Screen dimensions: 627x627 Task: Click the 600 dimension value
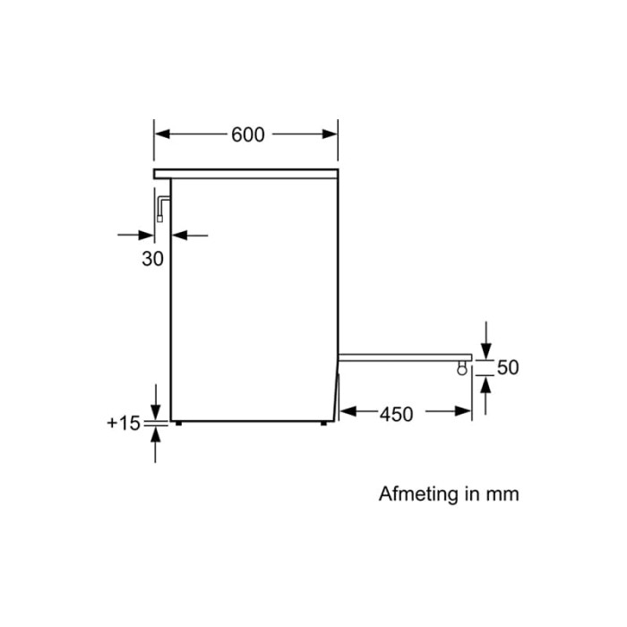pos(248,134)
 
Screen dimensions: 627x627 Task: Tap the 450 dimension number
pos(396,415)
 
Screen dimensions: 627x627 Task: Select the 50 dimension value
pos(508,367)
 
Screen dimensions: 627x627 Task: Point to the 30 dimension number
pos(153,259)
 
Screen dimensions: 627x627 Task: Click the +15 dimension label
pos(124,423)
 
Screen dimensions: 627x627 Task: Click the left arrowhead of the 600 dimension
pos(162,134)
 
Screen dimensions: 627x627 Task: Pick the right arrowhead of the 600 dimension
pos(330,134)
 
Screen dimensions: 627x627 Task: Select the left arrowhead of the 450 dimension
pos(348,411)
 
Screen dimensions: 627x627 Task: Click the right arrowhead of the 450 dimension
pos(463,411)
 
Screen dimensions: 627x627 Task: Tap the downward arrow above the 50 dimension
pos(485,340)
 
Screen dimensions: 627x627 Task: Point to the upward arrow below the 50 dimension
pos(485,396)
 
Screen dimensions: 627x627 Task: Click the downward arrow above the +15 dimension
pos(156,402)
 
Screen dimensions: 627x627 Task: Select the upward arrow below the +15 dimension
pos(156,445)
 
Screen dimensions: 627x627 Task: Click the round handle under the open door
pos(462,368)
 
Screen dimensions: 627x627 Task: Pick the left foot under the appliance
pos(178,423)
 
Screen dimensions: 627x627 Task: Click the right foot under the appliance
pos(323,423)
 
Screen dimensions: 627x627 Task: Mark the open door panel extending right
pos(405,357)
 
